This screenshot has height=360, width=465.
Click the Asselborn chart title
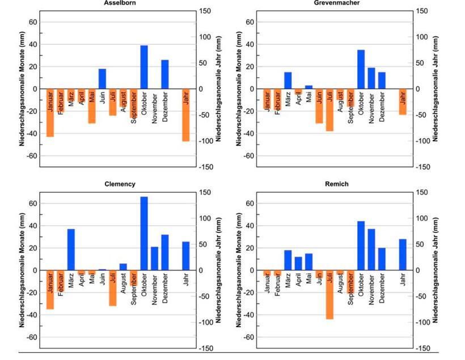120,3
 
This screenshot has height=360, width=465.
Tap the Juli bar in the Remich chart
329,295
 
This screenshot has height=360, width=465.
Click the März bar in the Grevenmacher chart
288,81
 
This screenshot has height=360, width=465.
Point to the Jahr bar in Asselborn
185,115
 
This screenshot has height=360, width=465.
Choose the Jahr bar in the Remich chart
403,255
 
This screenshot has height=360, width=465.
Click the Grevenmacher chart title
336,3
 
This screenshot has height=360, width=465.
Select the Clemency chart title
120,184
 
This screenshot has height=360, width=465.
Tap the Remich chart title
337,184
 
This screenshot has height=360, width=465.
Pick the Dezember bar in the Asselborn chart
165,74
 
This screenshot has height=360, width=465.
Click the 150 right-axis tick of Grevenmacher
422,11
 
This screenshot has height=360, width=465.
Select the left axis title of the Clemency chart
22,270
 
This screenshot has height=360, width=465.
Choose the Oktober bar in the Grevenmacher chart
361,69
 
